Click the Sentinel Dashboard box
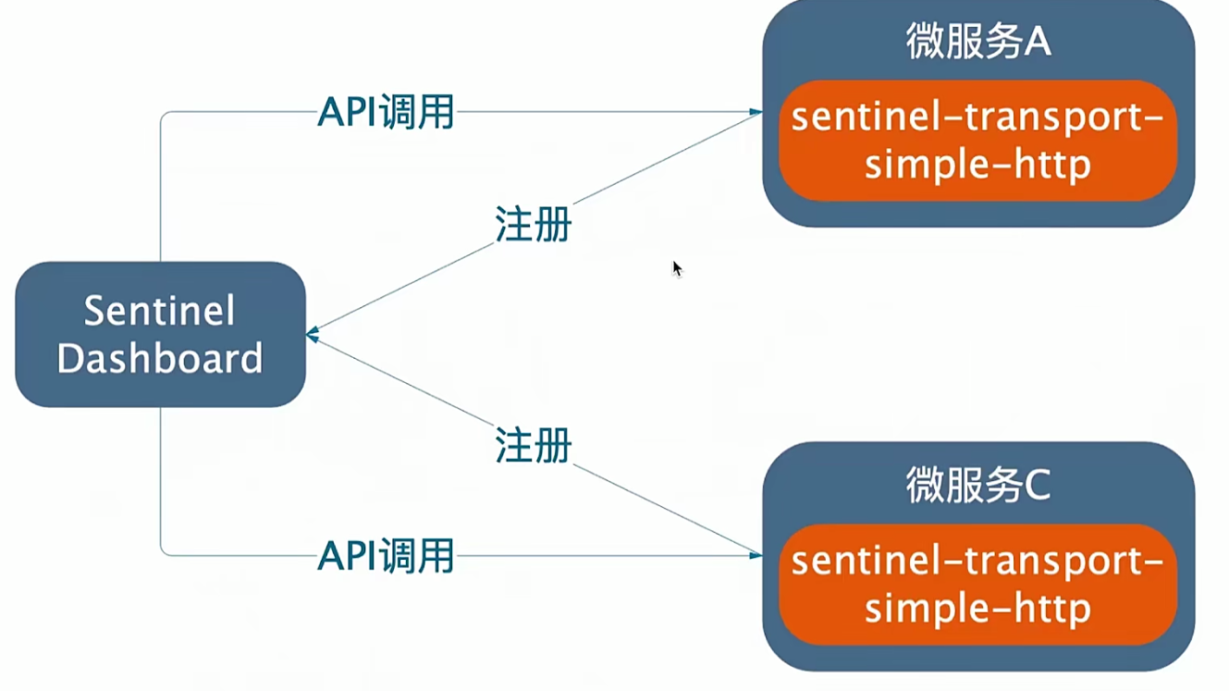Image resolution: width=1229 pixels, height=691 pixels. click(160, 334)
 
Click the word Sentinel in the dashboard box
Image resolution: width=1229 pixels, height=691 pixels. click(159, 312)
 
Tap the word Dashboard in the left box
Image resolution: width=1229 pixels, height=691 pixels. click(160, 359)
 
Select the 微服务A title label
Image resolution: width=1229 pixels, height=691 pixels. click(977, 43)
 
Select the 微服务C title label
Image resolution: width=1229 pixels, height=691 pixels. click(977, 486)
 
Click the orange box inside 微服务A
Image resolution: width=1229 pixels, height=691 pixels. click(977, 142)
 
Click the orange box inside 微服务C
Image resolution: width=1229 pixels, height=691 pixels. click(977, 586)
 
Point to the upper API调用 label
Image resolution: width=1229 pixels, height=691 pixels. click(386, 113)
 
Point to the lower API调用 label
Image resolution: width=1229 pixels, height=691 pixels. click(386, 556)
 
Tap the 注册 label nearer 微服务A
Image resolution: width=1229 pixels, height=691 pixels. click(533, 224)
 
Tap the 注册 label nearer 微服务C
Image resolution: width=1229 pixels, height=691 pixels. click(533, 446)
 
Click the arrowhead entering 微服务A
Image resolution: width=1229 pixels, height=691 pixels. click(756, 113)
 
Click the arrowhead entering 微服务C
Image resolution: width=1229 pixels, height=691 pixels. click(756, 555)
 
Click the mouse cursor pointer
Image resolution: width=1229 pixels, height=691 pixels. click(676, 267)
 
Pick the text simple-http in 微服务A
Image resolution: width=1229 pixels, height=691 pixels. click(977, 166)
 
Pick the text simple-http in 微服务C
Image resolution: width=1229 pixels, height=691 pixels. click(977, 610)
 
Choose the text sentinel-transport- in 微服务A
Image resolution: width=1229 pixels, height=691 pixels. click(977, 117)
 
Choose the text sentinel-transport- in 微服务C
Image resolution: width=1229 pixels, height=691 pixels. click(977, 561)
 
